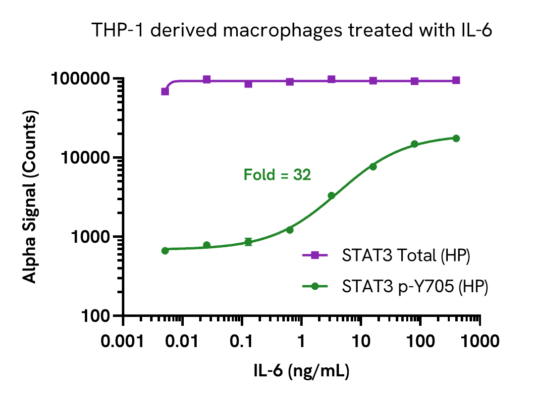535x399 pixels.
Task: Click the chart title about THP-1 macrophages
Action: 292,31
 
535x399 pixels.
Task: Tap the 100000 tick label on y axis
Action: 82,79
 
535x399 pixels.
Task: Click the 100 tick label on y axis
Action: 95,316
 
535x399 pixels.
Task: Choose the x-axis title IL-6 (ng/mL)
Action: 302,371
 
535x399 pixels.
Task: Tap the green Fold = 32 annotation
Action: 277,175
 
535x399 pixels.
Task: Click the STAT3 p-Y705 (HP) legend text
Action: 415,287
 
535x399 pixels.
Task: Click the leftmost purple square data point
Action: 165,91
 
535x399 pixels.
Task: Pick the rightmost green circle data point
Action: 456,138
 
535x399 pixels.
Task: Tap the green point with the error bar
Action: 248,242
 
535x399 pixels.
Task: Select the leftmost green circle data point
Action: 165,251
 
